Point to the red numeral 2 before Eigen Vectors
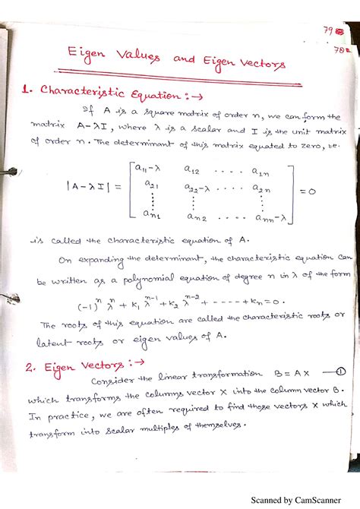[x=27, y=368]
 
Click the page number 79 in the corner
[x=328, y=32]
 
